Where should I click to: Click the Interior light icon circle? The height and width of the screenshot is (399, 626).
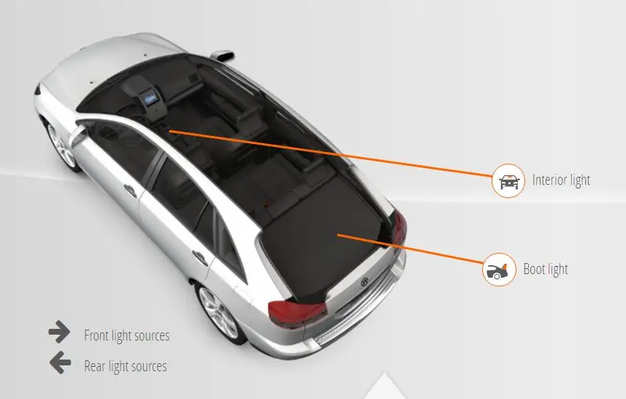point(508,180)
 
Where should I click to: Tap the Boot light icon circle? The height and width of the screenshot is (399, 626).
point(499,270)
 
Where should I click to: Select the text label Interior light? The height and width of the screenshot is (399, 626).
point(561,180)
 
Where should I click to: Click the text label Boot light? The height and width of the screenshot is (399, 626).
point(546,269)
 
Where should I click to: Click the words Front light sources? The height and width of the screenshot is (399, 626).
point(126,335)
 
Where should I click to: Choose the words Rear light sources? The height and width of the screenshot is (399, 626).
point(125,366)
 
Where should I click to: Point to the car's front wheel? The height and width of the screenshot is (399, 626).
point(62,146)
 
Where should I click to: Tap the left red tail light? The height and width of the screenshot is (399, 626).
point(295,312)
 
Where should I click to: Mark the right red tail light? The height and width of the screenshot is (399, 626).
point(398,228)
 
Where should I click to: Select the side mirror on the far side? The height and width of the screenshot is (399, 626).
point(221,56)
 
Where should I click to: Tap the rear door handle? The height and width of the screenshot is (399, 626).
point(198,256)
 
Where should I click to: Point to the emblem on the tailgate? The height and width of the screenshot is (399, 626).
point(362,281)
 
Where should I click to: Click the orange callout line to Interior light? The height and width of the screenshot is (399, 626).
point(329,153)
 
